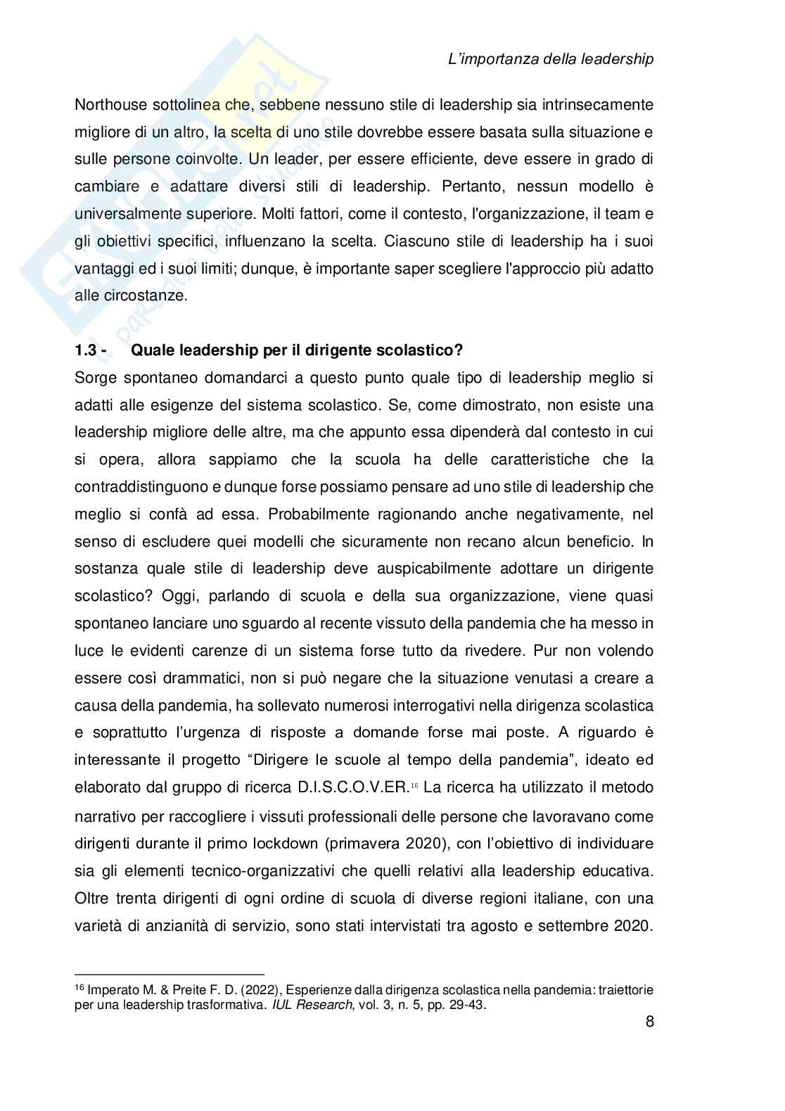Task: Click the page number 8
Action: (x=649, y=1021)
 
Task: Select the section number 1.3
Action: (x=87, y=350)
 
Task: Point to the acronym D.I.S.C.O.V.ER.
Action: (x=352, y=787)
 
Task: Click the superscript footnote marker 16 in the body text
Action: (x=414, y=785)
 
